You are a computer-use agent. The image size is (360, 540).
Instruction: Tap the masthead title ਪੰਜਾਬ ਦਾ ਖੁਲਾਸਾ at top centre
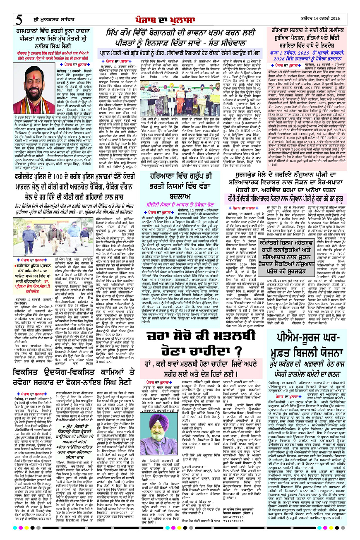coord(180,18)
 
